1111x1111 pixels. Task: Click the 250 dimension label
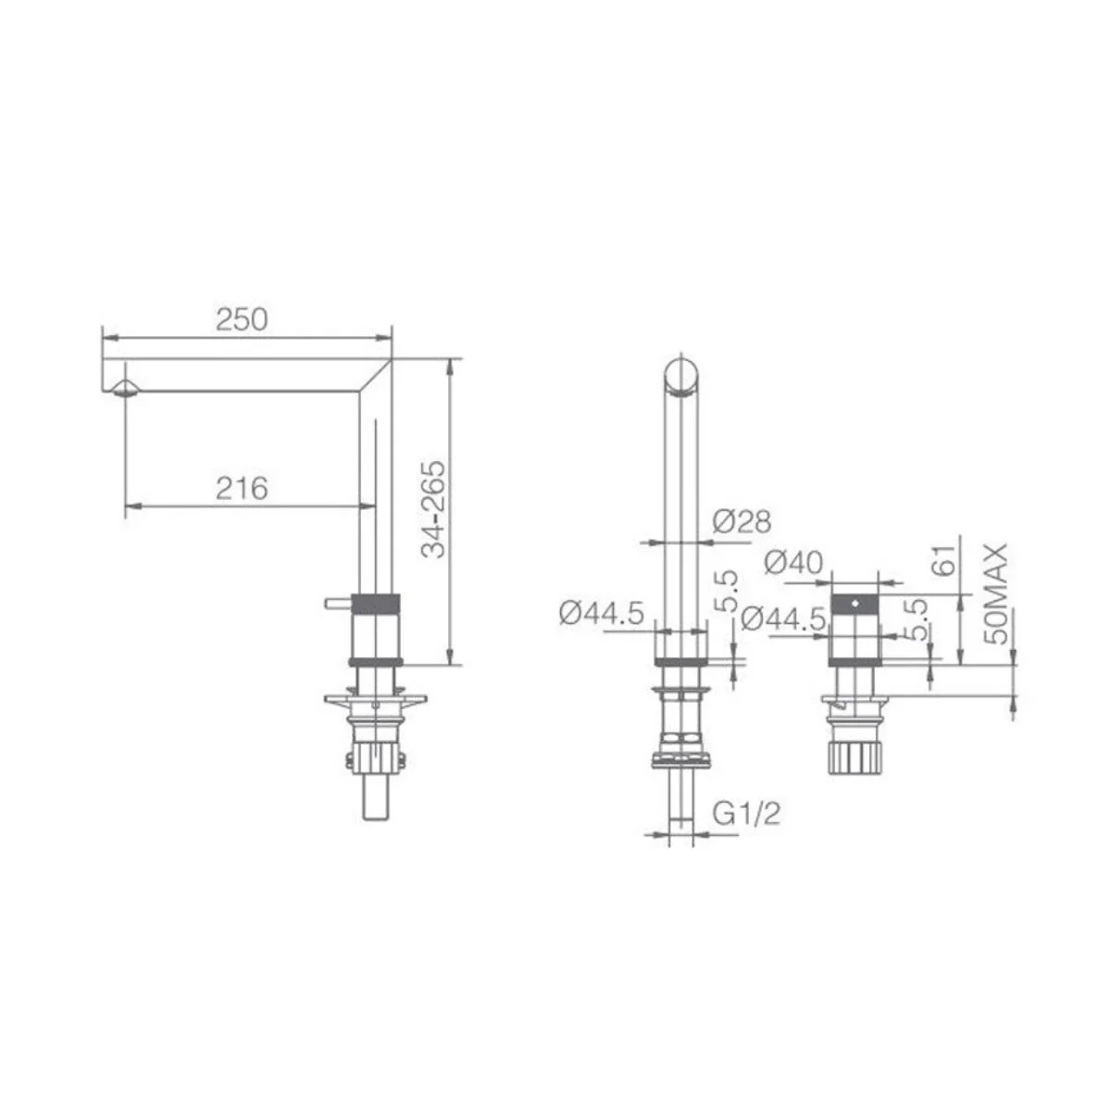(x=242, y=319)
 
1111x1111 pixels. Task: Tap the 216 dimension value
(x=242, y=488)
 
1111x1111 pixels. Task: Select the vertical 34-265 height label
(x=433, y=509)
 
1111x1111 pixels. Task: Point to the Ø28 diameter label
(x=741, y=521)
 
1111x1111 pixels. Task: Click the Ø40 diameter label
(x=793, y=562)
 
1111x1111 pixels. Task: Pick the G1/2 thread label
(x=746, y=814)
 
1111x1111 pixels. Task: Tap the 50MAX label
(x=996, y=593)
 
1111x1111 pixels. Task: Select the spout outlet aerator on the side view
(x=125, y=388)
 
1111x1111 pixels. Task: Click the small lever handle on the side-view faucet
(x=337, y=604)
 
